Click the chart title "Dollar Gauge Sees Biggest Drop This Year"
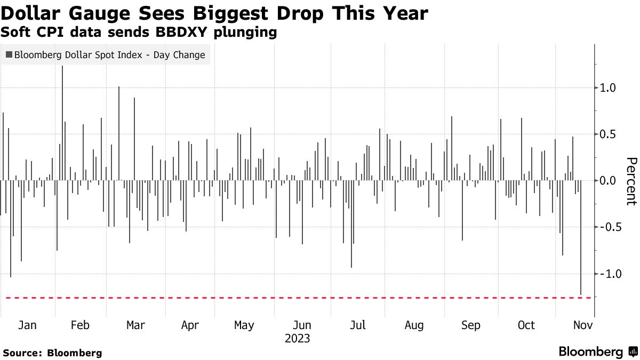214,13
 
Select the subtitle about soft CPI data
139,33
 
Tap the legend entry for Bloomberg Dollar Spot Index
105,55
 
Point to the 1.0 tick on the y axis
609,88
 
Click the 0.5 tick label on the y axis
609,134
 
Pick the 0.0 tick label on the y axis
609,181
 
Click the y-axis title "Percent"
631,181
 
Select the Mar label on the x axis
135,325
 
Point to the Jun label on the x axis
302,325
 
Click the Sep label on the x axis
470,325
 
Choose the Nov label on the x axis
581,325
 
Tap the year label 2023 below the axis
297,339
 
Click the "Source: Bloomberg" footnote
52,353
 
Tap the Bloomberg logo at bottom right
597,352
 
